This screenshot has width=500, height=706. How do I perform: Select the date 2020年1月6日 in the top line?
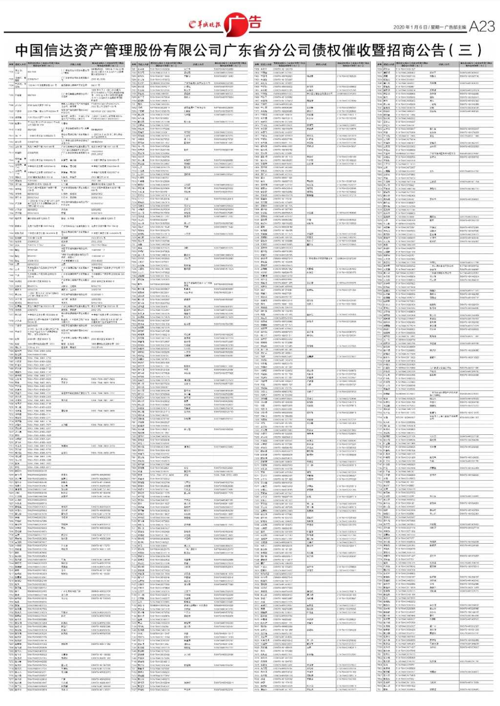pyautogui.click(x=410, y=27)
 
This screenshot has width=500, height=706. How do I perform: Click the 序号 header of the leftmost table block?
pyautogui.click(x=10, y=64)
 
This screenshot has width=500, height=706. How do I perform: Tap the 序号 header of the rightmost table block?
pyautogui.click(x=379, y=64)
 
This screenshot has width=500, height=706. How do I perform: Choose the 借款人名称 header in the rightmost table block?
pyautogui.click(x=389, y=64)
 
